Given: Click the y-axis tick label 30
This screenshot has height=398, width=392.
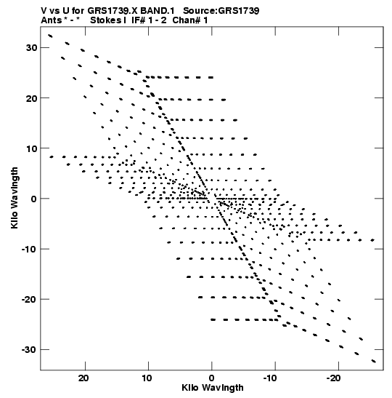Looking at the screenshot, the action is pos(32,47).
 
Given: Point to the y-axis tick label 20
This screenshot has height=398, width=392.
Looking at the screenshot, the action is pos(32,98).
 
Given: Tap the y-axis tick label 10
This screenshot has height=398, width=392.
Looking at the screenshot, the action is pos(32,148).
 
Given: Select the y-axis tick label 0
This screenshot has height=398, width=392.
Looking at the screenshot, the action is pos(34,199).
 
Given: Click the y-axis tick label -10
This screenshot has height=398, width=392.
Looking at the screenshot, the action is pos(29,249).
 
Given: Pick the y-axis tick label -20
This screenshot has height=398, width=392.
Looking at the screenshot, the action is pos(29,299).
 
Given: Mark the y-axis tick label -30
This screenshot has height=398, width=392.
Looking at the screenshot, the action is pos(29,350).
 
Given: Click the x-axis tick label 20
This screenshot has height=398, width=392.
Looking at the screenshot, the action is pos(83,378).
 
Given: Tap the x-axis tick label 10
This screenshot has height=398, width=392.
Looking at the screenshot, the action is pos(147,378).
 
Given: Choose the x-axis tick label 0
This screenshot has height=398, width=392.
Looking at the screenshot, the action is pos(212,378).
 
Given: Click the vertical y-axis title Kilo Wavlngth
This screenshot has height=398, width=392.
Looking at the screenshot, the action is pos(15,198).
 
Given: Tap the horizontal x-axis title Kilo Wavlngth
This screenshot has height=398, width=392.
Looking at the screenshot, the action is pos(213,388).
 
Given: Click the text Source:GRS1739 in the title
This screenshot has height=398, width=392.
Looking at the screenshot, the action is pos(221,11).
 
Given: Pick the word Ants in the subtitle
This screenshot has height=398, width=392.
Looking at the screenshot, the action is pos(51,20).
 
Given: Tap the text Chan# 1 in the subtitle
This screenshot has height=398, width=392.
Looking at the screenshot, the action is pos(190,20).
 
